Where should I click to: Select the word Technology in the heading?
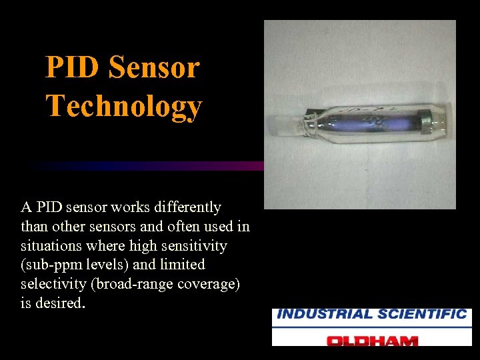coord(123,105)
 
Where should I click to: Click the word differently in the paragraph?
coord(181,207)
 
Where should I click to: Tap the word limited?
coord(181,265)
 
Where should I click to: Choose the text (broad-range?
coord(135,284)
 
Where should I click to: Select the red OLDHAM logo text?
coord(371,340)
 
